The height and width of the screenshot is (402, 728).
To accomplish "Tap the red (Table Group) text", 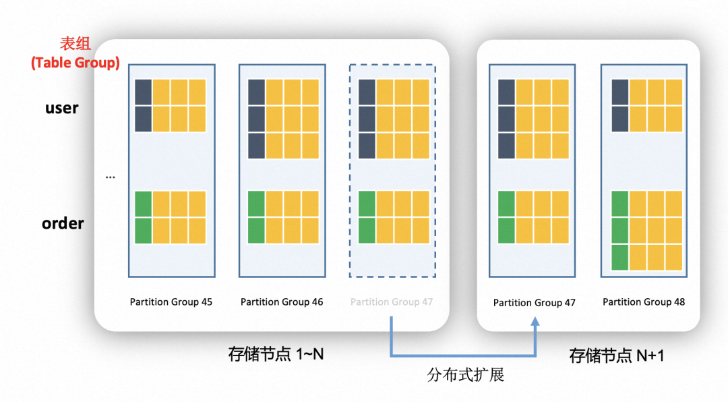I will click(75, 63).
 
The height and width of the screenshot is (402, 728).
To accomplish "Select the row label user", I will click(62, 108).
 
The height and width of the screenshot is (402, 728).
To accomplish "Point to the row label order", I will click(63, 223).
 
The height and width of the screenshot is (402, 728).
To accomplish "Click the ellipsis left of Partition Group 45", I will click(111, 177).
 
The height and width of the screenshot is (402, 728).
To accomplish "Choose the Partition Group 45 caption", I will click(171, 302).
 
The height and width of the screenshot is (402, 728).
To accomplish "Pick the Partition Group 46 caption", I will click(282, 302).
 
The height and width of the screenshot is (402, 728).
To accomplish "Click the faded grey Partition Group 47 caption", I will click(392, 302).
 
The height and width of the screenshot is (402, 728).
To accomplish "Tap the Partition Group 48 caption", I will click(644, 302).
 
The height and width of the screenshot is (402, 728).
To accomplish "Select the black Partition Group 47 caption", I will click(535, 303).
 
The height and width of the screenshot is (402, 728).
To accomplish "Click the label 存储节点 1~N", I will click(276, 353).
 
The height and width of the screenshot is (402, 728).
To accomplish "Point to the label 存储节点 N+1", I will click(617, 355).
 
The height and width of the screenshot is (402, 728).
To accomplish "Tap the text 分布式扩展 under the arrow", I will click(465, 375).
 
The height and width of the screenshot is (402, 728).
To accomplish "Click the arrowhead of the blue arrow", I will click(535, 325).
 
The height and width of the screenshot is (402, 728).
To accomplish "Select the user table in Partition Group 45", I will click(171, 106).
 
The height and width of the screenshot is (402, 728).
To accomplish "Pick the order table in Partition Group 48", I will click(646, 231).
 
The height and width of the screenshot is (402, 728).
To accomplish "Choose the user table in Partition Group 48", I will click(646, 106).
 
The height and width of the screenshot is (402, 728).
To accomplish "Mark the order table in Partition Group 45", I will click(171, 217).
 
